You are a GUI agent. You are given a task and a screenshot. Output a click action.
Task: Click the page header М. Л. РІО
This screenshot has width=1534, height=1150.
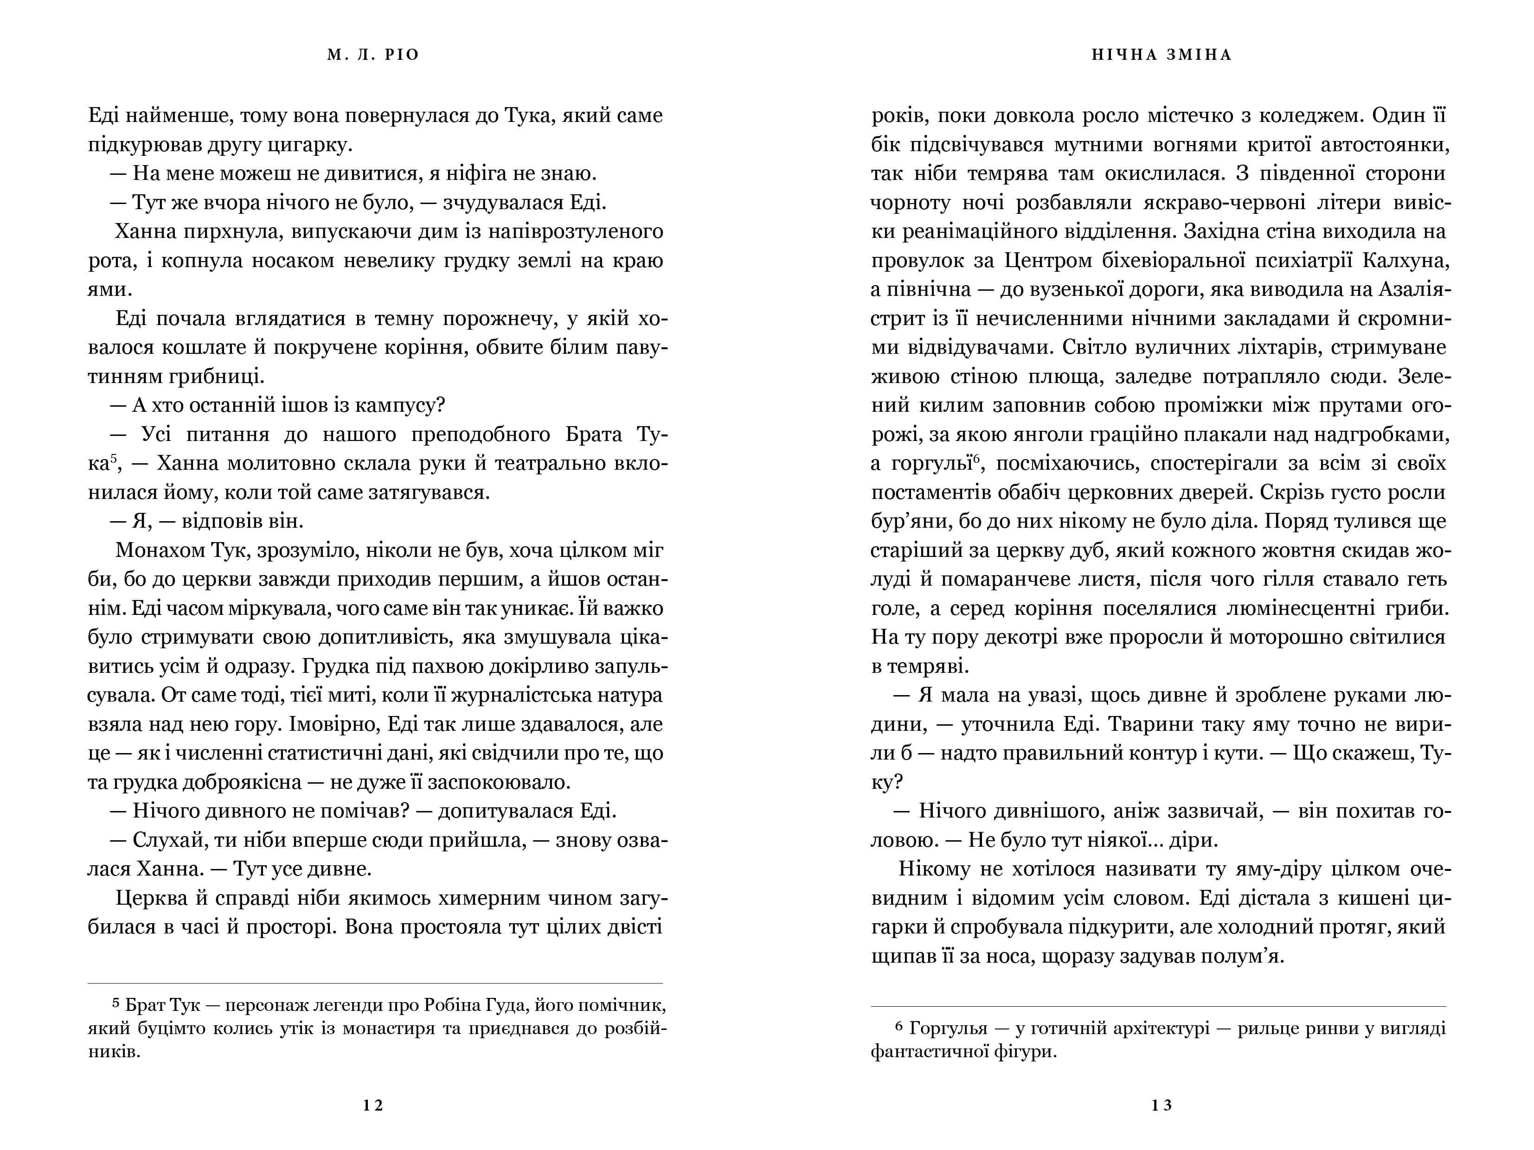(x=373, y=55)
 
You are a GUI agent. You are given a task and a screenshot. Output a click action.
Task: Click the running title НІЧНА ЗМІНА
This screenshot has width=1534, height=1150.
(x=1162, y=55)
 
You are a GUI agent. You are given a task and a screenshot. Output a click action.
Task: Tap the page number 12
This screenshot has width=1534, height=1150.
(x=373, y=1105)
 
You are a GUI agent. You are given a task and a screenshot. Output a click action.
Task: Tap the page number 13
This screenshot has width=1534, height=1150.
(x=1162, y=1105)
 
